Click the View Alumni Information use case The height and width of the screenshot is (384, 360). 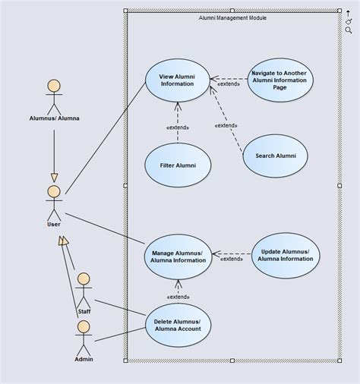[x=178, y=80]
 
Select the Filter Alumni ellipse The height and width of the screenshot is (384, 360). [x=178, y=164]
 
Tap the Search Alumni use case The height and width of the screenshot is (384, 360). [x=275, y=156]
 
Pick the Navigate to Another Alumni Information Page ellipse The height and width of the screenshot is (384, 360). [x=279, y=80]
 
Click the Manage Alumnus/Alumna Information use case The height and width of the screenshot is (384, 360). [x=178, y=256]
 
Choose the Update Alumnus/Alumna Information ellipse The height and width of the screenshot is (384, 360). [x=286, y=254]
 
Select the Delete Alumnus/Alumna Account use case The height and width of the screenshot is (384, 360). [x=178, y=325]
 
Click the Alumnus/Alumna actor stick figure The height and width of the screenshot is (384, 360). [x=53, y=94]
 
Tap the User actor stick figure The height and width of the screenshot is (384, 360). [x=53, y=200]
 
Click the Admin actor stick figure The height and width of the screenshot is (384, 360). [x=84, y=335]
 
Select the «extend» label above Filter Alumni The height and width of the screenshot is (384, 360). [x=178, y=127]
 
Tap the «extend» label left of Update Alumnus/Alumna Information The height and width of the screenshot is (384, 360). [x=232, y=260]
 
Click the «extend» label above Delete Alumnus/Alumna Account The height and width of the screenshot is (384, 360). [x=178, y=297]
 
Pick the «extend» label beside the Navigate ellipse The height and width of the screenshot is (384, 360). [x=229, y=84]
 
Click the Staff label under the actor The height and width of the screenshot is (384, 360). [x=84, y=311]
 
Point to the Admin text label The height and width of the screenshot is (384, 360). [x=84, y=358]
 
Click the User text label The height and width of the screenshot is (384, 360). [x=53, y=223]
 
